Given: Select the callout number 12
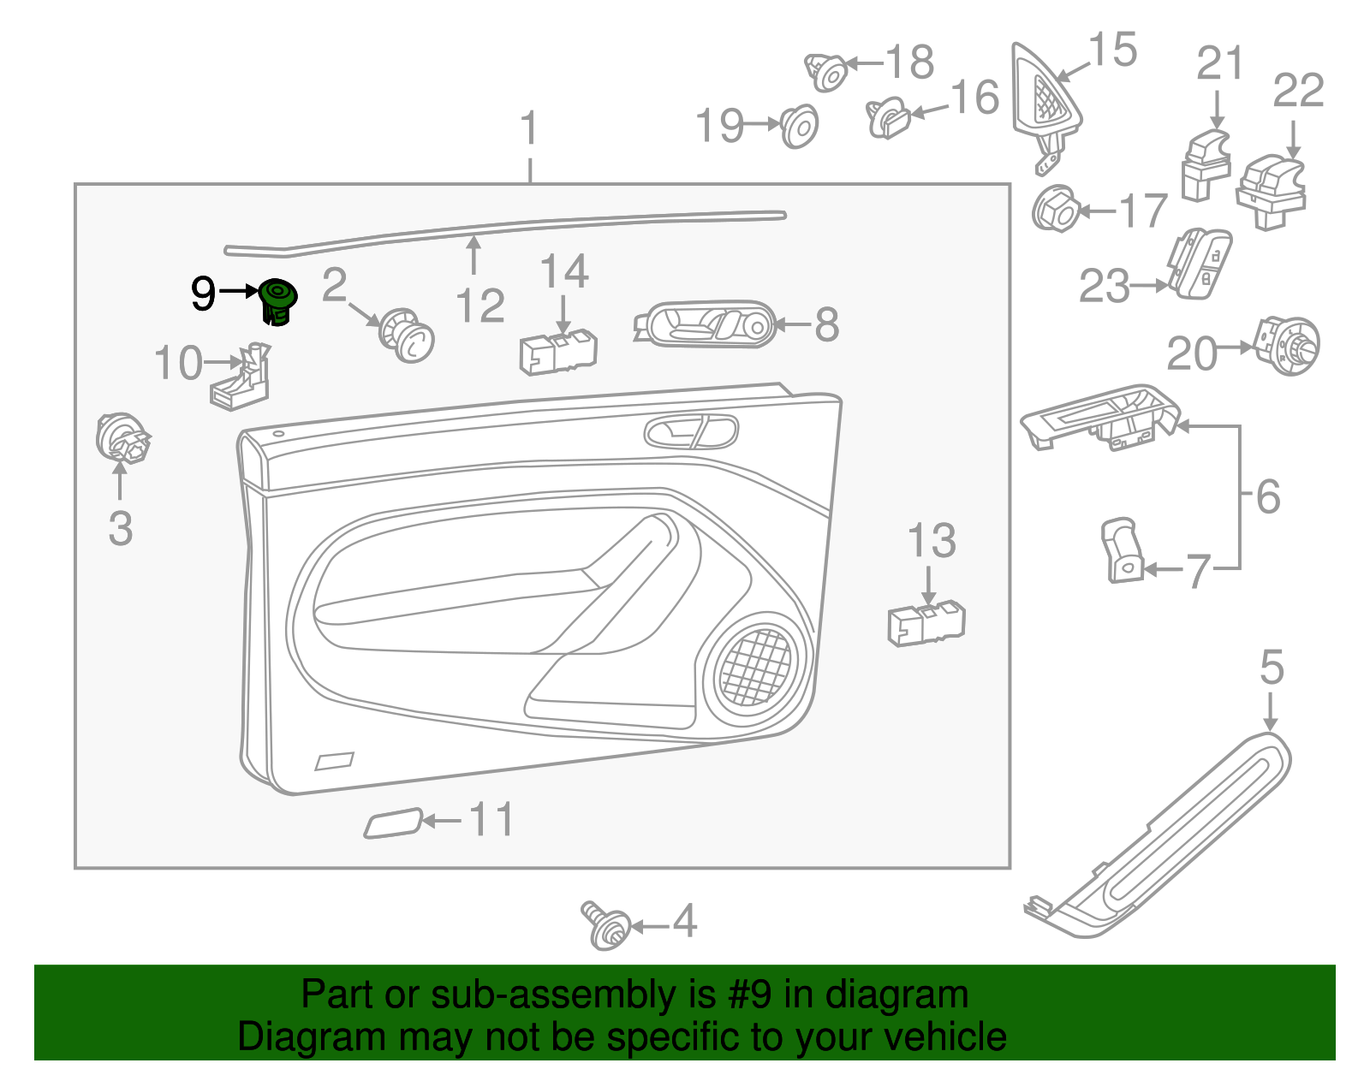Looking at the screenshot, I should tap(480, 306).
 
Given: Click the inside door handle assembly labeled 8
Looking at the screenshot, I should tap(705, 324).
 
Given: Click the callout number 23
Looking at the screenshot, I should tap(1105, 286).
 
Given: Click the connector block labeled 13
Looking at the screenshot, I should tap(926, 622).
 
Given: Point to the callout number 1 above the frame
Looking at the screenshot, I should tap(530, 128).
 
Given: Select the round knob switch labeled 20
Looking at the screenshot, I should tap(1287, 346).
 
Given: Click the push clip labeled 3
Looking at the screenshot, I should tap(122, 437).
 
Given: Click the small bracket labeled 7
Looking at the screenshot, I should tap(1121, 550).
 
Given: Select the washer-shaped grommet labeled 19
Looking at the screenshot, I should tap(800, 127).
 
